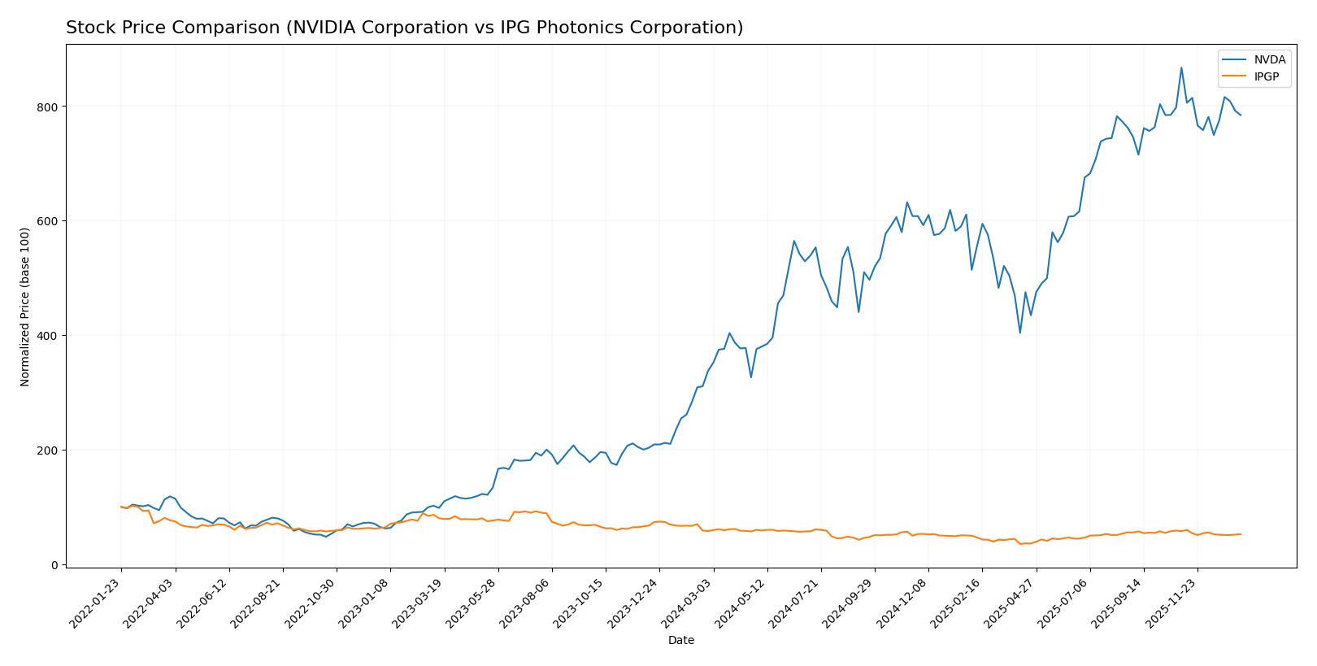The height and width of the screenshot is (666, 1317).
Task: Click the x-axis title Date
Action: coord(680,641)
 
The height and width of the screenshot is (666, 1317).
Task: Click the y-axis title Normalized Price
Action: coord(25,307)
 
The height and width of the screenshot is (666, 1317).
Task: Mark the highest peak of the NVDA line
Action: coord(1181,67)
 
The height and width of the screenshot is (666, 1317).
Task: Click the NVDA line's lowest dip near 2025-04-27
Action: coord(1019,333)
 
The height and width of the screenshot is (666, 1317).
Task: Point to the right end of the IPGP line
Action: coord(1241,534)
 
